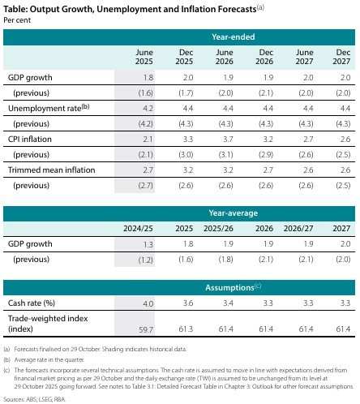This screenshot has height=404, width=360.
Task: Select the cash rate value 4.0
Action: pos(147,303)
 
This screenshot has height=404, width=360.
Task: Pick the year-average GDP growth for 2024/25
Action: pos(146,244)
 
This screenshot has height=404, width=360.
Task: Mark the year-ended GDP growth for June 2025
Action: pos(146,76)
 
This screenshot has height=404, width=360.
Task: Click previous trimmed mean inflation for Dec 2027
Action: pos(344,186)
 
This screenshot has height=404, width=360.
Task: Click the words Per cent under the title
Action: pos(16,19)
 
